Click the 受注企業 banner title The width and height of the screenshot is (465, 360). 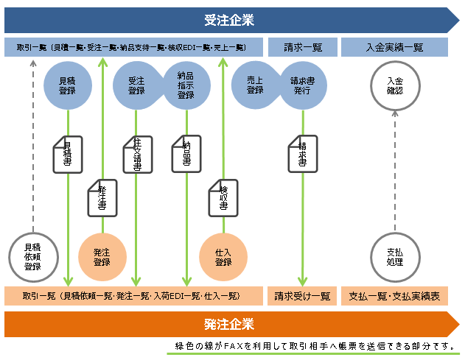pos(228,20)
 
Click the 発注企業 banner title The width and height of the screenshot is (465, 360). pos(228,324)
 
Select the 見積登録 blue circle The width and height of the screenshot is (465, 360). pos(67,85)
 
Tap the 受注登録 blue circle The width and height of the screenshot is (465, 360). pos(136,85)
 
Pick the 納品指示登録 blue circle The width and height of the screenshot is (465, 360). pos(186,85)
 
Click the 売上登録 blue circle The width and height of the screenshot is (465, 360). pos(255,85)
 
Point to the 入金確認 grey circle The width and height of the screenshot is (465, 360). pos(394,85)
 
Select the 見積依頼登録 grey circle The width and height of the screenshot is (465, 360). pos(32,257)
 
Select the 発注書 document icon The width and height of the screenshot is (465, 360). pos(102,197)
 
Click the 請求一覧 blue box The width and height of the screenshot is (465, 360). pos(303,47)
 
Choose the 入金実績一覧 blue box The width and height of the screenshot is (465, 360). pos(394,47)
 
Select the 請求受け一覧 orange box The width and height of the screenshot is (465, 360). pos(302,296)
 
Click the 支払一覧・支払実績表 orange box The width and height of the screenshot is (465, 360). pos(394,296)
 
